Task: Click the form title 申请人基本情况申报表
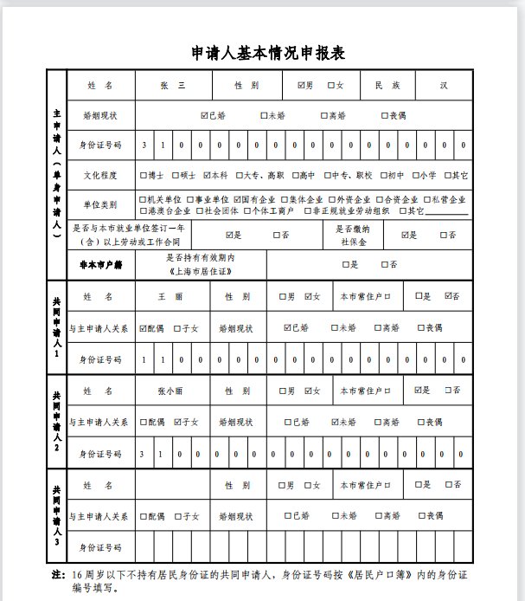[268, 53]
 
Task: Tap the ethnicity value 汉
[443, 86]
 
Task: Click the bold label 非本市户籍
[100, 264]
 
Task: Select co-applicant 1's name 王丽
[170, 297]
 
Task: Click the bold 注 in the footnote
[58, 573]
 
